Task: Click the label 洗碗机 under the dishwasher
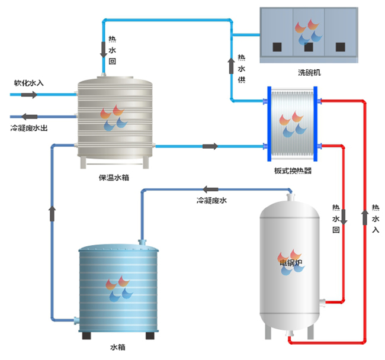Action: pos(309,72)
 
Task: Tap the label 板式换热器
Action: pos(293,171)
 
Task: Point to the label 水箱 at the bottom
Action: pos(117,348)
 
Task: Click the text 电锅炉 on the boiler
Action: pos(291,262)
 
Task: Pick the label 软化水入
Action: pos(28,82)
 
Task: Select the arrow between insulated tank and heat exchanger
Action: pos(210,146)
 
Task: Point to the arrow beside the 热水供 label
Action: pos(232,66)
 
